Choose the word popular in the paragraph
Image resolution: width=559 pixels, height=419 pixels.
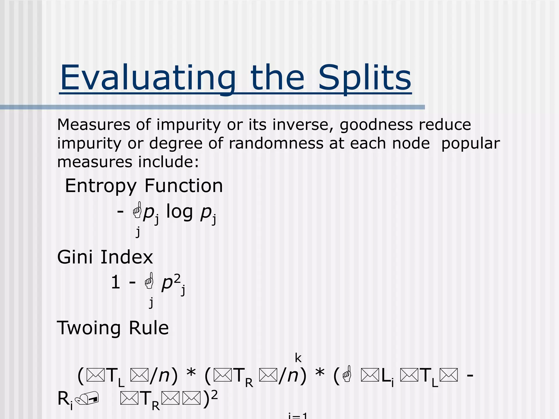coord(470,144)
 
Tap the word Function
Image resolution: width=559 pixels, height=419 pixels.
coord(183,186)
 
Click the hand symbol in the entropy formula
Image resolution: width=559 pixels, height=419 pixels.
coord(137,210)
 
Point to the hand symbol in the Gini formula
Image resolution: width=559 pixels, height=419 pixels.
coord(149,281)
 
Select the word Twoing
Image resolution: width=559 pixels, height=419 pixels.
coord(88,328)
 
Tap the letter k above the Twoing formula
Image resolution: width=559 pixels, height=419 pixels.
coord(298,358)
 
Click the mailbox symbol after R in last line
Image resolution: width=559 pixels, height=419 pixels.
coord(88,399)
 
